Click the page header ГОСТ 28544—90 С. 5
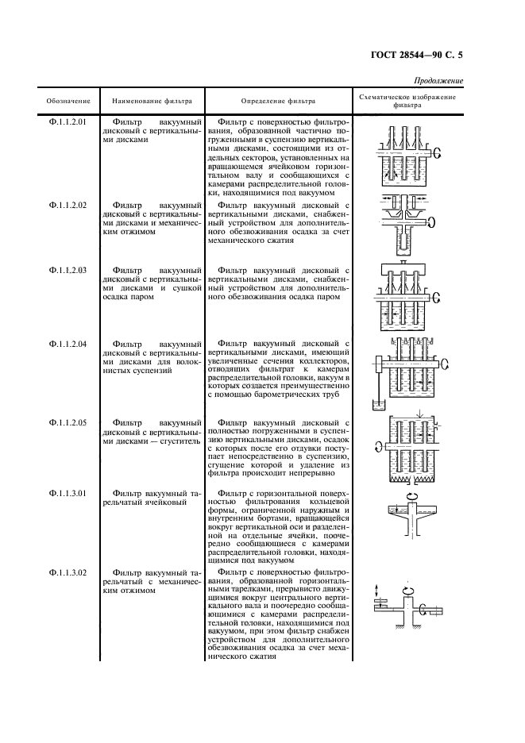419,56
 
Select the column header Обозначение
68,101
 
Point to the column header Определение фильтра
277,101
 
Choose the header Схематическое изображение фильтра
407,101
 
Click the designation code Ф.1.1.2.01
68,121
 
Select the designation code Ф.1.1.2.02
68,205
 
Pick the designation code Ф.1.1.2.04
68,344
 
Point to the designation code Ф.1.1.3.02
68,572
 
